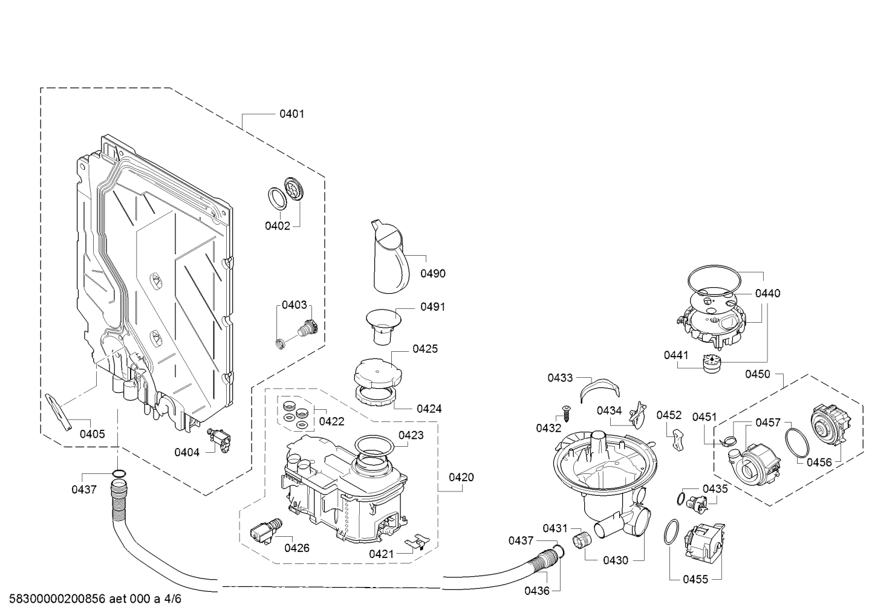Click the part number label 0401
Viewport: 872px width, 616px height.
coord(291,114)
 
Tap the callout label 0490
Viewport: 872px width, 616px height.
coord(433,274)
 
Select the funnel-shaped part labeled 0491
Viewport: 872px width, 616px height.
coord(383,326)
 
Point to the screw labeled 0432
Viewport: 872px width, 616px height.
coord(565,412)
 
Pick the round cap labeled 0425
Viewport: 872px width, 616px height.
coord(377,373)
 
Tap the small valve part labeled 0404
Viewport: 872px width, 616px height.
coord(220,439)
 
